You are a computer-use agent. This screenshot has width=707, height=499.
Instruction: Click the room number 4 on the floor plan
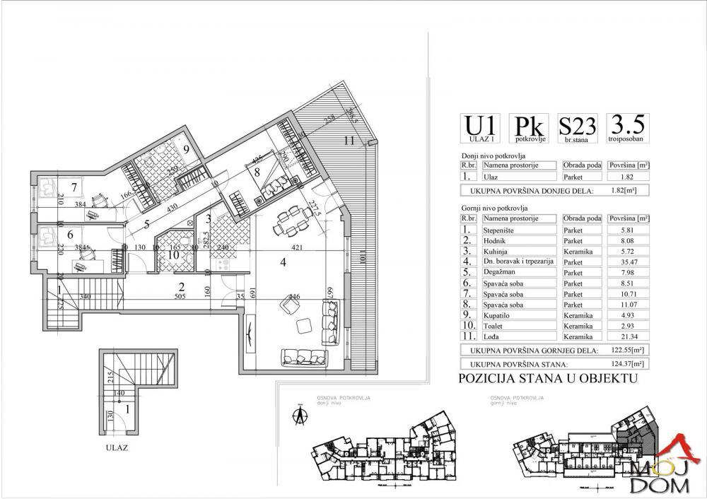[x=283, y=263]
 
